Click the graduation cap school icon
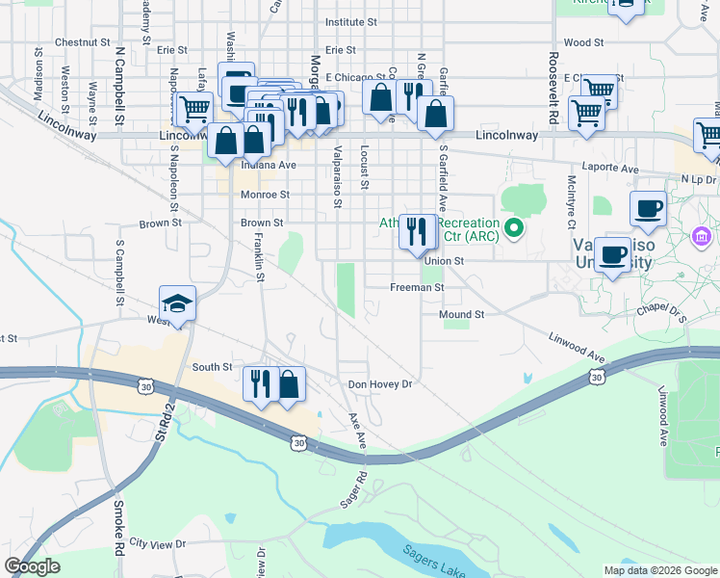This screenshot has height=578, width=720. coord(178,304)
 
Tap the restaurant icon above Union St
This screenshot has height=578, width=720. coord(417,232)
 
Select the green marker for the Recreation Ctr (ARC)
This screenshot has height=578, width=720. coord(515,229)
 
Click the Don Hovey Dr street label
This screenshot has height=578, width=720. coord(379,384)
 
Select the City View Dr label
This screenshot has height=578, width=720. coord(157,544)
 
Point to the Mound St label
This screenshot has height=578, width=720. coord(461,315)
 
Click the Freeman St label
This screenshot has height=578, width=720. coord(417,287)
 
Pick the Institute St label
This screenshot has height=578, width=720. coord(351,21)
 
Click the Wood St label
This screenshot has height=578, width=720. coord(583,42)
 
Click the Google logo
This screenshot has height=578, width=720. coord(32,566)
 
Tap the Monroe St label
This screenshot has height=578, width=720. coord(265,194)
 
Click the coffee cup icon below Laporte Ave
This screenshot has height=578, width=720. coord(648,209)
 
